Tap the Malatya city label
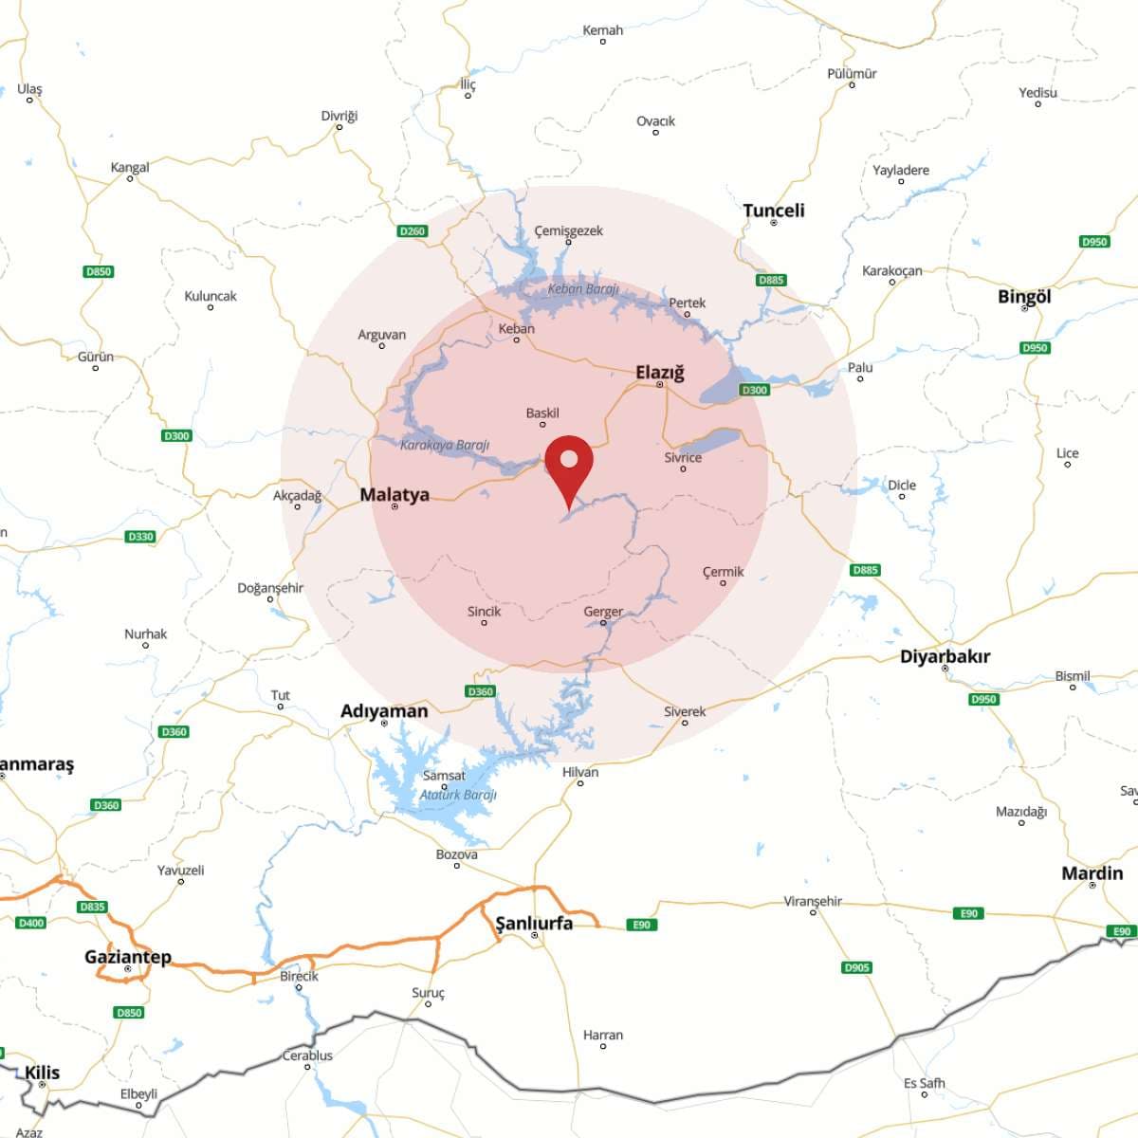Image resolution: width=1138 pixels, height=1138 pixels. coord(395,494)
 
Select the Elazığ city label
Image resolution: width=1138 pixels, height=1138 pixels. coord(660,373)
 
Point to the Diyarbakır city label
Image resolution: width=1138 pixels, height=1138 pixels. coord(945,656)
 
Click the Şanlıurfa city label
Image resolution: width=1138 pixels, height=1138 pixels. coord(535,923)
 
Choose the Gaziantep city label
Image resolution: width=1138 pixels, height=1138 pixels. coord(128,957)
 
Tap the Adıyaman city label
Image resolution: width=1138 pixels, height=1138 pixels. coord(384,711)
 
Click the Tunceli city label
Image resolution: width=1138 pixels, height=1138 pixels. coord(774,211)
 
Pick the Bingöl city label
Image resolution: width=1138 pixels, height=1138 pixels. coord(1024,297)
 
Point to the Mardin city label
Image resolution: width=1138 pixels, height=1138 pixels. coord(1092,873)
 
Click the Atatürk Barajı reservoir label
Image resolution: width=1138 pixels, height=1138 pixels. coord(458,795)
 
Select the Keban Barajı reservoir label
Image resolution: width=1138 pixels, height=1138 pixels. coord(583,289)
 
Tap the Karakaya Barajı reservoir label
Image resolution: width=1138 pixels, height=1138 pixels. coord(445,445)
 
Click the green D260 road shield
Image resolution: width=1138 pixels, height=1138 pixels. coord(413,231)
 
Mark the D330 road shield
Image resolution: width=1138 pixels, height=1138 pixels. coord(140,537)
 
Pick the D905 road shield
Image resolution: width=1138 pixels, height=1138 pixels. coord(856,967)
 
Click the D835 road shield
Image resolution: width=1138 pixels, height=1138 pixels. coord(92,907)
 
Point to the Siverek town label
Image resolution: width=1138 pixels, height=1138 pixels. coord(685,712)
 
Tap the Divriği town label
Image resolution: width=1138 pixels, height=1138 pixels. coord(340,117)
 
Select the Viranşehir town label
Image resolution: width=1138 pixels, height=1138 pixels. coord(813,901)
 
